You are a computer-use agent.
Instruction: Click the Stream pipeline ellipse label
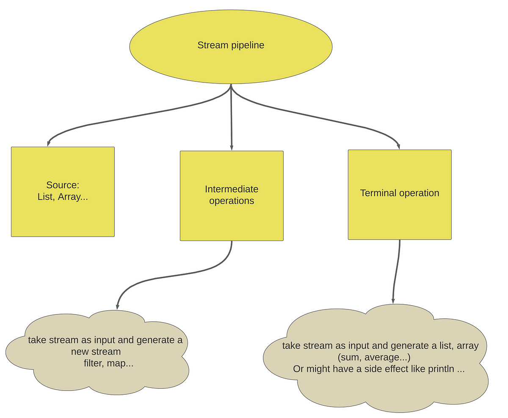coord(231,45)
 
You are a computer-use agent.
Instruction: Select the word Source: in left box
coord(63,185)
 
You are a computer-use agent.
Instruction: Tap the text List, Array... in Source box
coord(63,197)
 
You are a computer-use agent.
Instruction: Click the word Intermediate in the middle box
coord(232,189)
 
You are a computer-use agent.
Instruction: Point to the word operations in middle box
coord(232,201)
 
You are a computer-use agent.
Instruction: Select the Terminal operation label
coord(400,193)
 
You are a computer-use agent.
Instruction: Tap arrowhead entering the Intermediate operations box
coord(232,148)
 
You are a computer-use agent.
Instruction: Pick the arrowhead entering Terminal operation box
coord(398,146)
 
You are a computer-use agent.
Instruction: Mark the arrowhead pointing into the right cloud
coord(393,301)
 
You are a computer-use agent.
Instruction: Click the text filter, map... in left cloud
coord(108,363)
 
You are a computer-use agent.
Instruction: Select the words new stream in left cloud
coord(96,352)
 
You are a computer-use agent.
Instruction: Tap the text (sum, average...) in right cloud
coord(374,357)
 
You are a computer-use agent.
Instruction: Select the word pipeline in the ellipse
coord(248,45)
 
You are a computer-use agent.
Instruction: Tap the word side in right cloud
coord(382,369)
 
